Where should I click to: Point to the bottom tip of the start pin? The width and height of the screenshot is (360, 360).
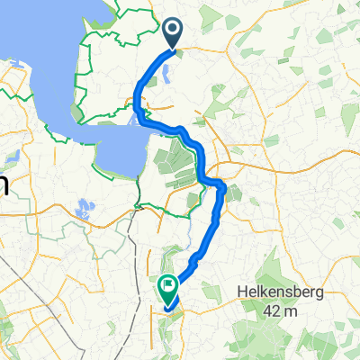click(172, 49)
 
